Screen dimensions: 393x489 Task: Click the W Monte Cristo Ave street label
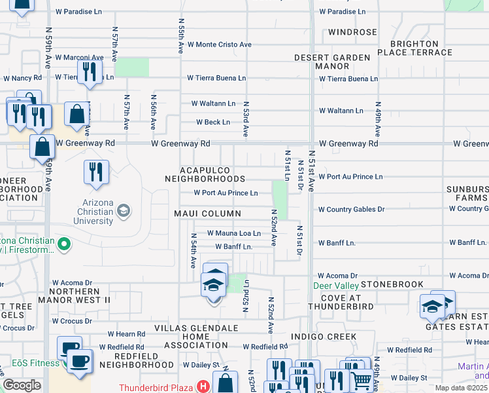[219, 45]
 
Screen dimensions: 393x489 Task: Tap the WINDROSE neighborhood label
[352, 32]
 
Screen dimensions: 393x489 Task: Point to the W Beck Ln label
[213, 122]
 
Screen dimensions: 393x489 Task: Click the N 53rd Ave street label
[246, 119]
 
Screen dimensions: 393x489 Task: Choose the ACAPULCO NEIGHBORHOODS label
[205, 174]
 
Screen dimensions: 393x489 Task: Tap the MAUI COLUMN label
[208, 214]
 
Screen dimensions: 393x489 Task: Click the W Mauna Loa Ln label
[234, 233]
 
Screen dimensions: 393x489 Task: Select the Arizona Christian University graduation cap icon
[124, 211]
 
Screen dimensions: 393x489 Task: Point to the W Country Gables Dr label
[351, 210]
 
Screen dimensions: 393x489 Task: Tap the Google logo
[22, 386]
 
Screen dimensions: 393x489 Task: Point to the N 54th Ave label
[194, 251]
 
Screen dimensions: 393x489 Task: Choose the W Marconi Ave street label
[79, 58]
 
